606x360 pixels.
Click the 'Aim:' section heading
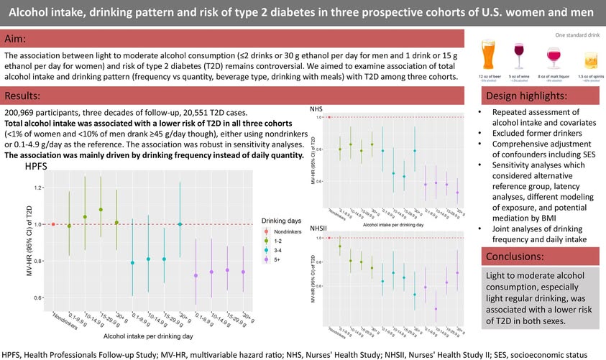(16, 38)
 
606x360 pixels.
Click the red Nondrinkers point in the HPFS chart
(53, 224)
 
